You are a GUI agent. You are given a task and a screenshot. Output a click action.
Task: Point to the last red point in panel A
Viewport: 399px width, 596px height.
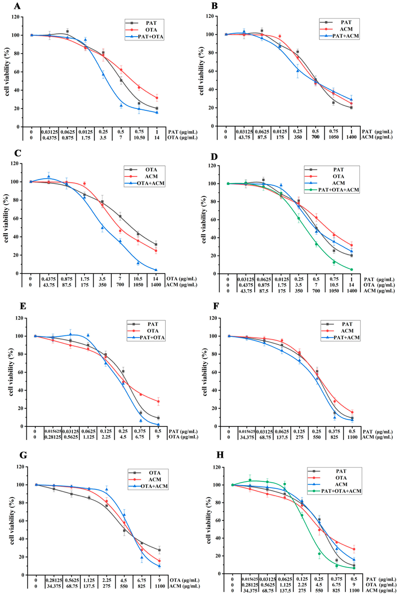pyautogui.click(x=157, y=98)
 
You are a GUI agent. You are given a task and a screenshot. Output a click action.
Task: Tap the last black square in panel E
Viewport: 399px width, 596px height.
pyautogui.click(x=158, y=418)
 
